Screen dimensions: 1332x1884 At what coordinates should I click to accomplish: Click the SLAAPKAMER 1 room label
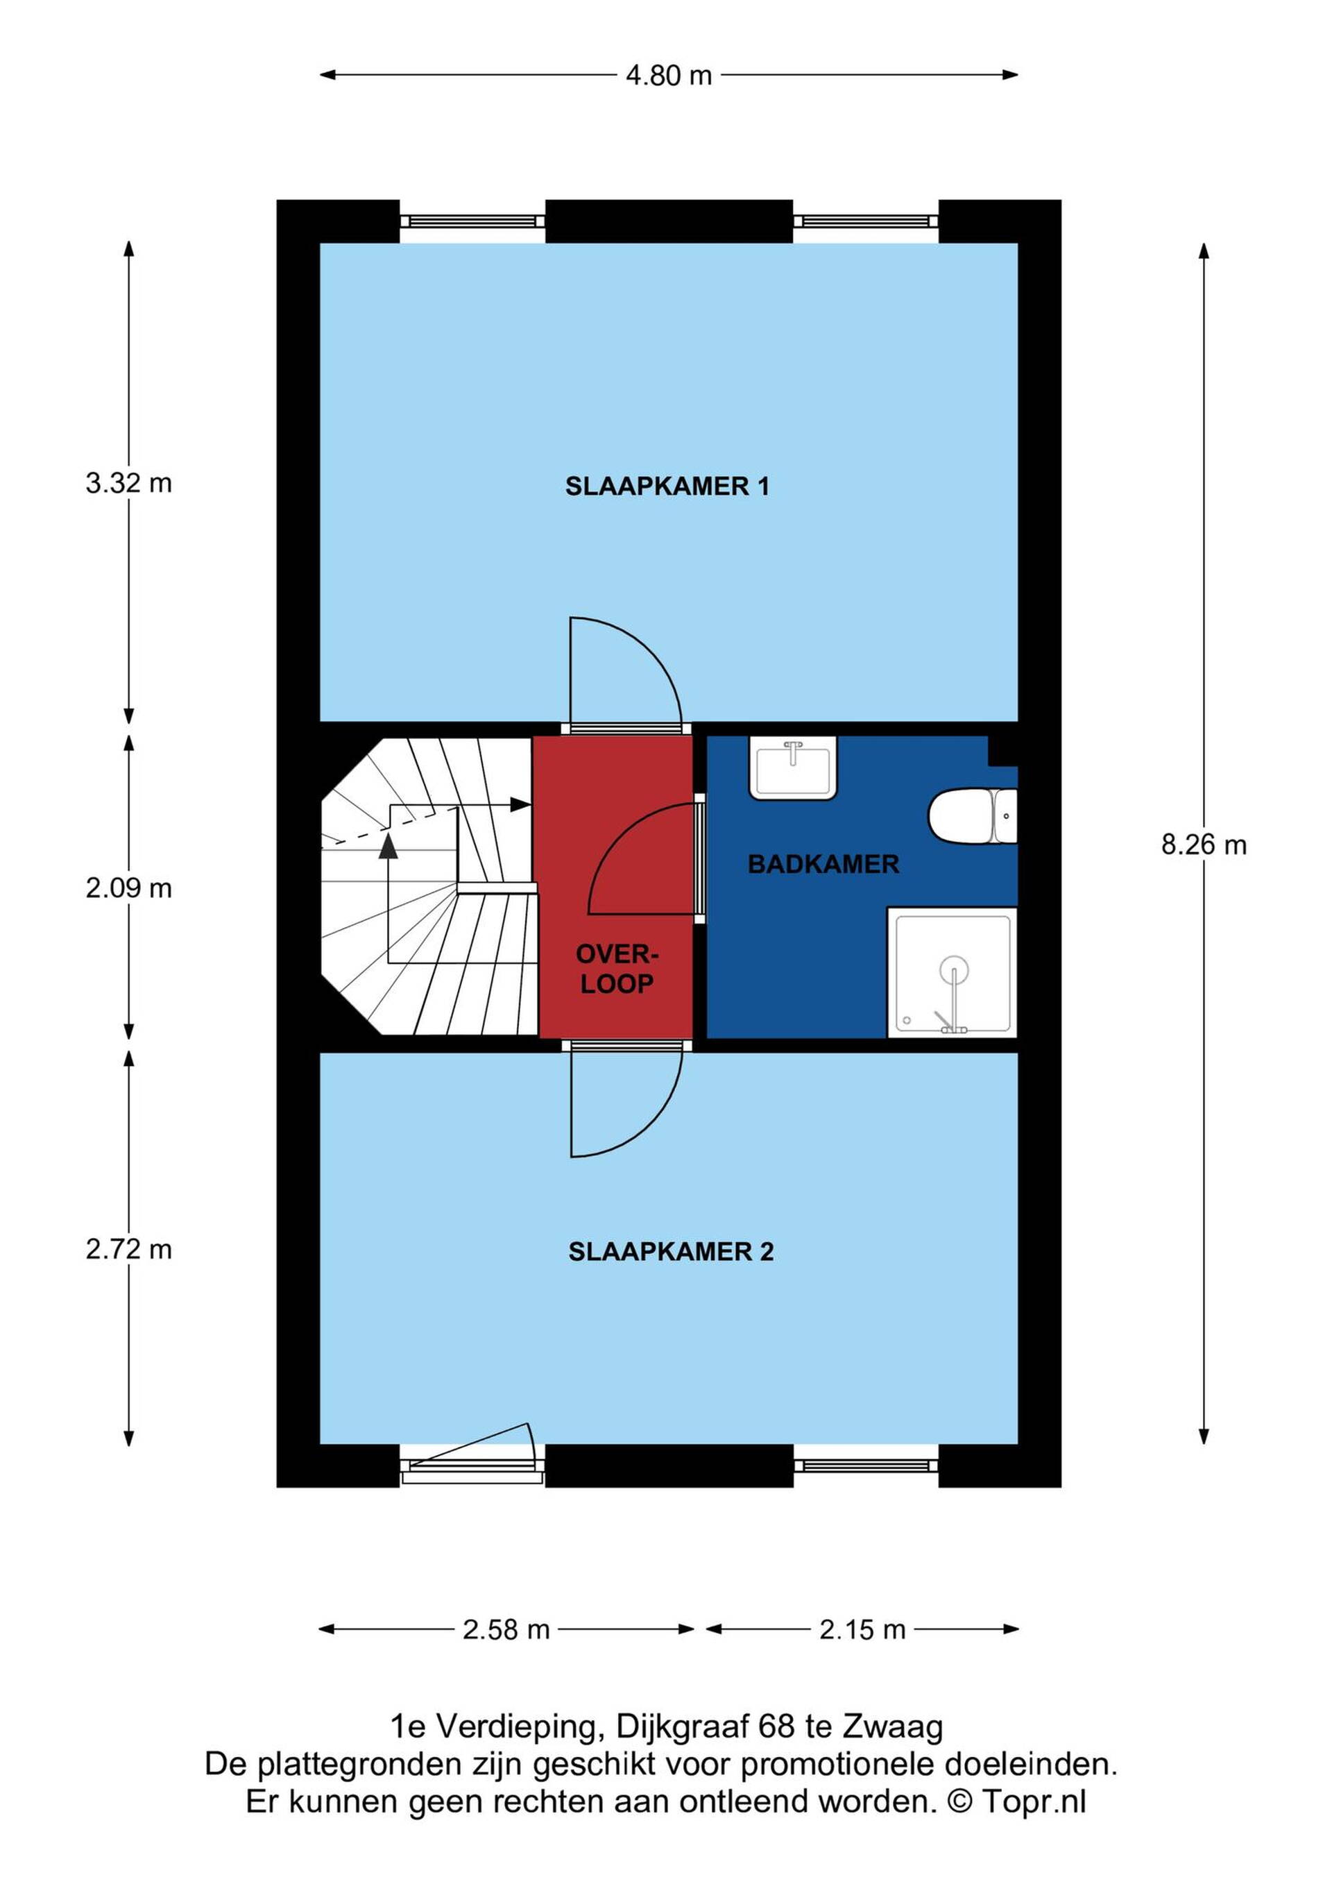pyautogui.click(x=667, y=486)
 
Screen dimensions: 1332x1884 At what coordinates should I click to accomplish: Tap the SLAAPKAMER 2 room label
pyautogui.click(x=671, y=1251)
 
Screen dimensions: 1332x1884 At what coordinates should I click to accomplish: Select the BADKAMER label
pyautogui.click(x=823, y=864)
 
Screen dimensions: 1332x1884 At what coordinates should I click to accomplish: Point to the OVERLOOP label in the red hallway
pyautogui.click(x=617, y=969)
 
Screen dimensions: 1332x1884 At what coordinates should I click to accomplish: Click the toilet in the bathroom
pyautogui.click(x=972, y=817)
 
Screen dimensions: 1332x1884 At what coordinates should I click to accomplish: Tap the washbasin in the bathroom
pyautogui.click(x=792, y=767)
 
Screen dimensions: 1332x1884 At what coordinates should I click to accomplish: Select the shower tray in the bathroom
pyautogui.click(x=953, y=972)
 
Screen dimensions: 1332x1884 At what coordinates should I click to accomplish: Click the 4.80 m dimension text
pyautogui.click(x=669, y=76)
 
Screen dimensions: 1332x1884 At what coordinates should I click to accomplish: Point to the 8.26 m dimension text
pyautogui.click(x=1203, y=845)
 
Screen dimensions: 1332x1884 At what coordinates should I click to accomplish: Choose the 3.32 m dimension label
pyautogui.click(x=129, y=483)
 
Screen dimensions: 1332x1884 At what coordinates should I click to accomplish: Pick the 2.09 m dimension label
pyautogui.click(x=129, y=889)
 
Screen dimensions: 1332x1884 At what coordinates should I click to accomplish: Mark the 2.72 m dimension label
pyautogui.click(x=129, y=1250)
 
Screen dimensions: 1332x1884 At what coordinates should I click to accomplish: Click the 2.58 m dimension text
pyautogui.click(x=506, y=1629)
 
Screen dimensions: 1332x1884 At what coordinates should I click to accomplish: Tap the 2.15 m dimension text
pyautogui.click(x=862, y=1629)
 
